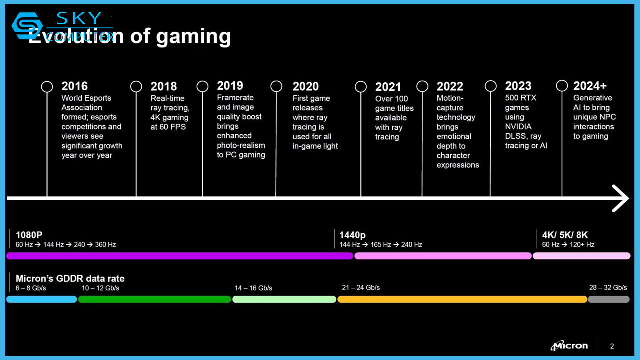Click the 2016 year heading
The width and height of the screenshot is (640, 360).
point(74,86)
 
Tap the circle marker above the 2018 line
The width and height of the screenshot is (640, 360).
point(136,86)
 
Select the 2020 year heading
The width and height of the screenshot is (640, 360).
point(305,86)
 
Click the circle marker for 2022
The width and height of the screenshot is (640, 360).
point(422,86)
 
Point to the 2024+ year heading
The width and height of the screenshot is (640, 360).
point(590,86)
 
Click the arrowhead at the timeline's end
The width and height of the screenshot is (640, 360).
point(621,198)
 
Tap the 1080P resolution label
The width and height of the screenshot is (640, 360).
point(29,235)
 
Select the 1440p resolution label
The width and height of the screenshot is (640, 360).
point(352,235)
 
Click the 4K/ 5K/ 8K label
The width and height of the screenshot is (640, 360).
point(565,235)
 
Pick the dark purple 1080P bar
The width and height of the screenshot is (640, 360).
point(180,256)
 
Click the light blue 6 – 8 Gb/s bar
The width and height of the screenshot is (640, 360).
point(42,299)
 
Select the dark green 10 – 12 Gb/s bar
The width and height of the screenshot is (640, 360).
point(154,299)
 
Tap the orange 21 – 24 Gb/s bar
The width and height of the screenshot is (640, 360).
point(462,299)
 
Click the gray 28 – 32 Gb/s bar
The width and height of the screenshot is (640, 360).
point(608,299)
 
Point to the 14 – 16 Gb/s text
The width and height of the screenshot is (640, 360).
point(253,288)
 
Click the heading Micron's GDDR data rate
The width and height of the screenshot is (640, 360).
point(70,279)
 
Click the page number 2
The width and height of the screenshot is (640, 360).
point(612,346)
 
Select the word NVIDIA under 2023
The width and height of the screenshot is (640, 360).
point(518,127)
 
